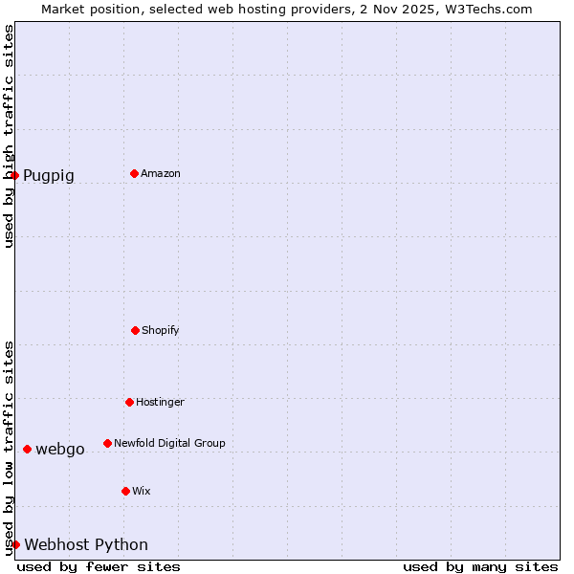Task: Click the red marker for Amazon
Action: click(134, 173)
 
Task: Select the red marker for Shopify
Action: click(135, 330)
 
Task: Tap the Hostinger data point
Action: click(129, 402)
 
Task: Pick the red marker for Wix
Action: click(125, 491)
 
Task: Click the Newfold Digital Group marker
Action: click(107, 443)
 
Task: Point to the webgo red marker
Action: click(27, 449)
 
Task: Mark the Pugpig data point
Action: click(14, 175)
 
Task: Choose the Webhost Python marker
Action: click(15, 544)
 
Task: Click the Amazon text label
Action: click(161, 173)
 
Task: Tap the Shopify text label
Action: click(161, 330)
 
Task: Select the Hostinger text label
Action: click(160, 402)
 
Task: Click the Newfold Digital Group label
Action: click(169, 443)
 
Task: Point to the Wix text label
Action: click(142, 491)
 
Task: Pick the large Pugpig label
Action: click(49, 175)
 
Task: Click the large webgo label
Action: click(60, 449)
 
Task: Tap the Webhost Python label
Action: click(86, 544)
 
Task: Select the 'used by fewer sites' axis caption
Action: click(99, 566)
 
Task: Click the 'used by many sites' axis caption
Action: click(480, 566)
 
